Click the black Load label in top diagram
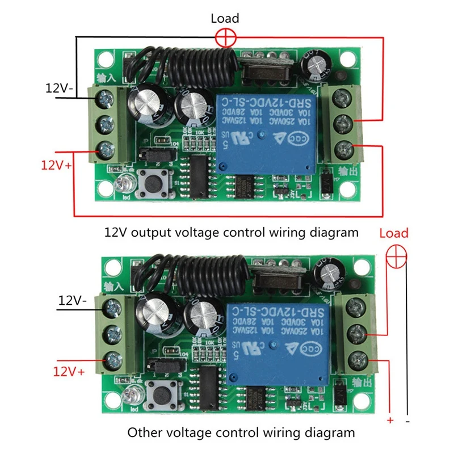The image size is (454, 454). pyautogui.click(x=225, y=19)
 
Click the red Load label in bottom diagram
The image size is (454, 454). pyautogui.click(x=394, y=233)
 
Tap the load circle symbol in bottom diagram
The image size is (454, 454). pyautogui.click(x=396, y=258)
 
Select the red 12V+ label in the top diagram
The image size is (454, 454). pyautogui.click(x=56, y=166)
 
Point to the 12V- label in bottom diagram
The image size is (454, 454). pyautogui.click(x=73, y=301)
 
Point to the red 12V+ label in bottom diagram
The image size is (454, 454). pyautogui.click(x=69, y=372)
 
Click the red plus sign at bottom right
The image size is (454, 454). pyautogui.click(x=389, y=421)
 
